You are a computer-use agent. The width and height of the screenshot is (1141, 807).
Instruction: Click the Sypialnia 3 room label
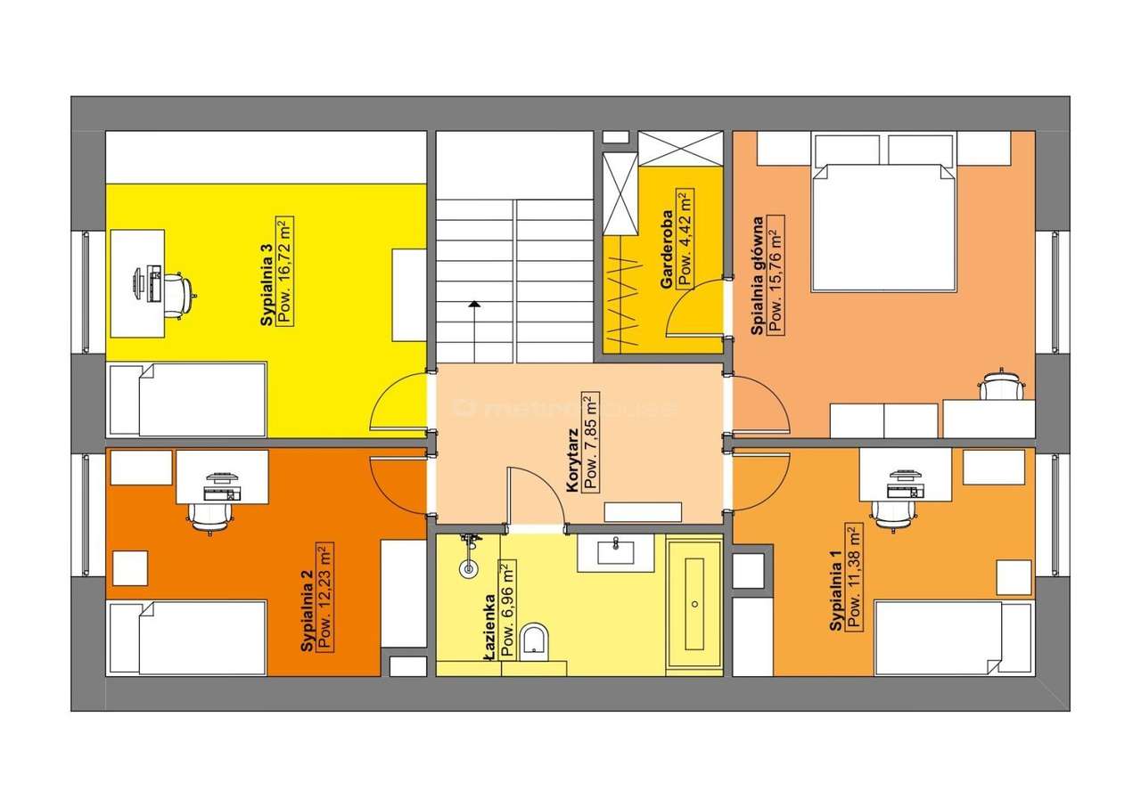point(267,291)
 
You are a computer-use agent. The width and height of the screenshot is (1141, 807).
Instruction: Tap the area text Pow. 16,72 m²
point(285,272)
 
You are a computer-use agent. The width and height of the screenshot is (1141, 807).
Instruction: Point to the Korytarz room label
point(574,461)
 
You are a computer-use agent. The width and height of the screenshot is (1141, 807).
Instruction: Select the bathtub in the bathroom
point(694,605)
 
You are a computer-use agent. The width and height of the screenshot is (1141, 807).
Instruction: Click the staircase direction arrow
point(474,306)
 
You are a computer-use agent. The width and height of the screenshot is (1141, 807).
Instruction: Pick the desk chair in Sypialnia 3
point(180,293)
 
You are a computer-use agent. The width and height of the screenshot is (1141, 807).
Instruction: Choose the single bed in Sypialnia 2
point(187,638)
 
